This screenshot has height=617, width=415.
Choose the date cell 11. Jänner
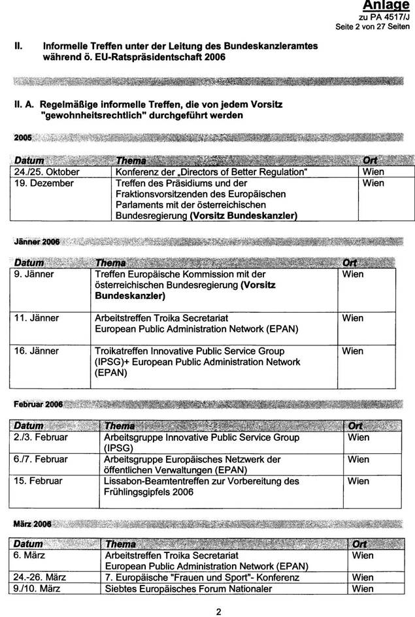(37, 318)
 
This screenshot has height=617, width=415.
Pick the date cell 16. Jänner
(37, 351)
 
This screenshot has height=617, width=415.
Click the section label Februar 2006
(38, 404)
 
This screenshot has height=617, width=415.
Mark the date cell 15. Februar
(38, 481)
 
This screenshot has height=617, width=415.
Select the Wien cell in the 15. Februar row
(358, 481)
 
